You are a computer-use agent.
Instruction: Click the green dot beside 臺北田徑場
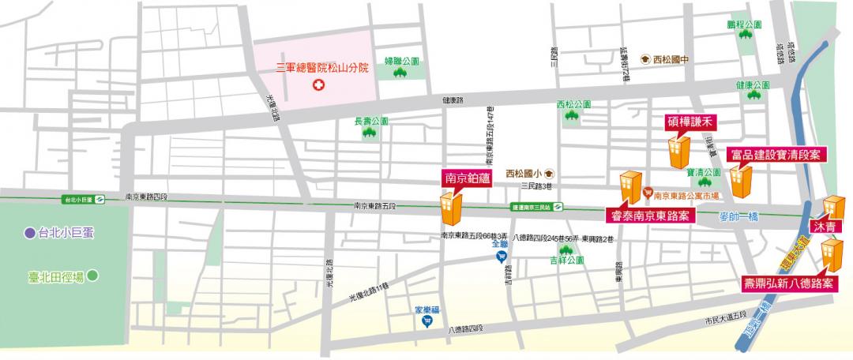(92, 276)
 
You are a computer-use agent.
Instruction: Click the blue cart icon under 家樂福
(426, 322)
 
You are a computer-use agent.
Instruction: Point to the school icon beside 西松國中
(645, 58)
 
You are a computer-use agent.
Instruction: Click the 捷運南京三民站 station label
(531, 208)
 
